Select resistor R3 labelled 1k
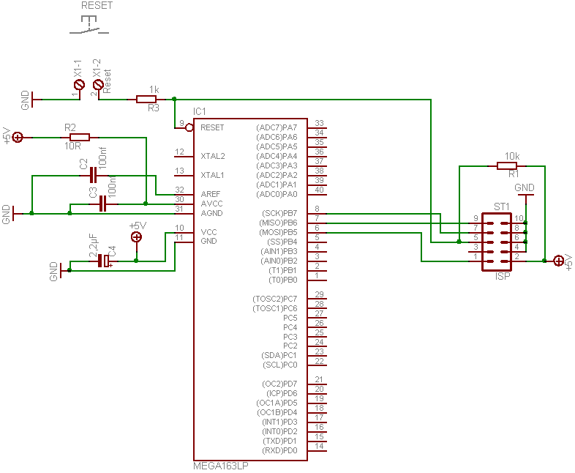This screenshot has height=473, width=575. point(146,99)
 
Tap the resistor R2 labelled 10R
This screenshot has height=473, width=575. point(79,137)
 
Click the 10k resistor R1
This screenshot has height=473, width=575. point(507,166)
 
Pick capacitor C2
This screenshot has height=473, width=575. point(93,176)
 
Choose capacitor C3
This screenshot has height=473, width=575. point(102,204)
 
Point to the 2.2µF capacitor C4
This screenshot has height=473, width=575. point(103,261)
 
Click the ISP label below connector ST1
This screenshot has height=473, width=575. point(503,277)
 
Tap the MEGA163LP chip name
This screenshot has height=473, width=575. point(220,466)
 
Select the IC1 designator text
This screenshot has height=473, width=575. point(200,112)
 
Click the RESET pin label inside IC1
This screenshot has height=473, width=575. point(212,127)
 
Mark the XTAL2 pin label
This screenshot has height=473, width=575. point(213,156)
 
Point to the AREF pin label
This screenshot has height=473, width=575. point(210,194)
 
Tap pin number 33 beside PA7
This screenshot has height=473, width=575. point(319,123)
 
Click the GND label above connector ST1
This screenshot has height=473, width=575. point(525,188)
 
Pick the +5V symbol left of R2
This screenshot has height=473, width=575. point(18,137)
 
